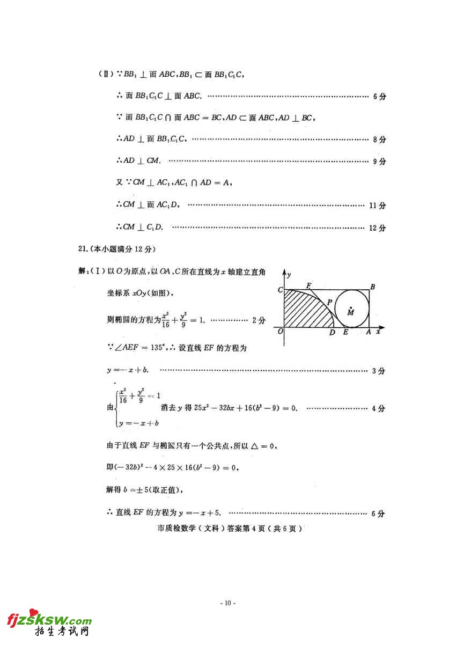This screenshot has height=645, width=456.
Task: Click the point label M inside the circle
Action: [350, 313]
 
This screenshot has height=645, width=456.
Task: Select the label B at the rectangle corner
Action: [372, 287]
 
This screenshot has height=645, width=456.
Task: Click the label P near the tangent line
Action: [329, 302]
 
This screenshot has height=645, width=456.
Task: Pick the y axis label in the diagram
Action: [289, 275]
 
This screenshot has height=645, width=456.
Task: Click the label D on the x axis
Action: [333, 333]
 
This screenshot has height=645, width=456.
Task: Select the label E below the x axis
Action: [345, 333]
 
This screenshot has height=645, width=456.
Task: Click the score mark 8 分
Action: [379, 140]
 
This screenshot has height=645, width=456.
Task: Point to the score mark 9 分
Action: [379, 162]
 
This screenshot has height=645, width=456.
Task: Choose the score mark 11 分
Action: [377, 206]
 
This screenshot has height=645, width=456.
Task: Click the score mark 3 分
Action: [378, 371]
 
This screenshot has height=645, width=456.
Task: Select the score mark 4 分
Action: [378, 408]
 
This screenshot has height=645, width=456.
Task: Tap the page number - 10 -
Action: [228, 603]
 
